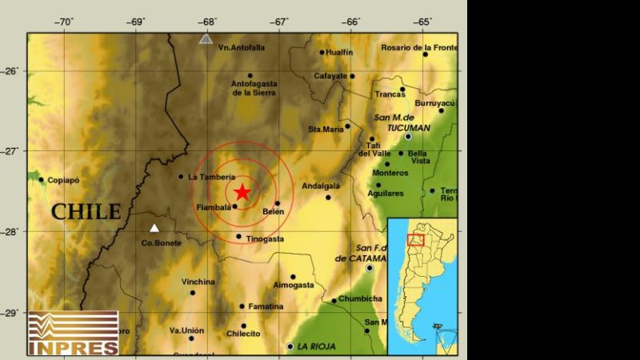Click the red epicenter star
[242, 192]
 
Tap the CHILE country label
[86, 212]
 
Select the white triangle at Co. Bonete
[154, 228]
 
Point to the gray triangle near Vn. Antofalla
[206, 38]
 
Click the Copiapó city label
[64, 180]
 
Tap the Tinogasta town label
[265, 238]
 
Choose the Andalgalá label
[321, 186]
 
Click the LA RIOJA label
[316, 346]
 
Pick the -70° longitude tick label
[64, 22]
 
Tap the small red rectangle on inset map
[415, 240]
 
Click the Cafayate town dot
[352, 76]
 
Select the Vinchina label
[198, 282]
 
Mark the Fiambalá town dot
[234, 206]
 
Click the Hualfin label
[340, 52]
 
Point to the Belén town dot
[277, 203]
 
